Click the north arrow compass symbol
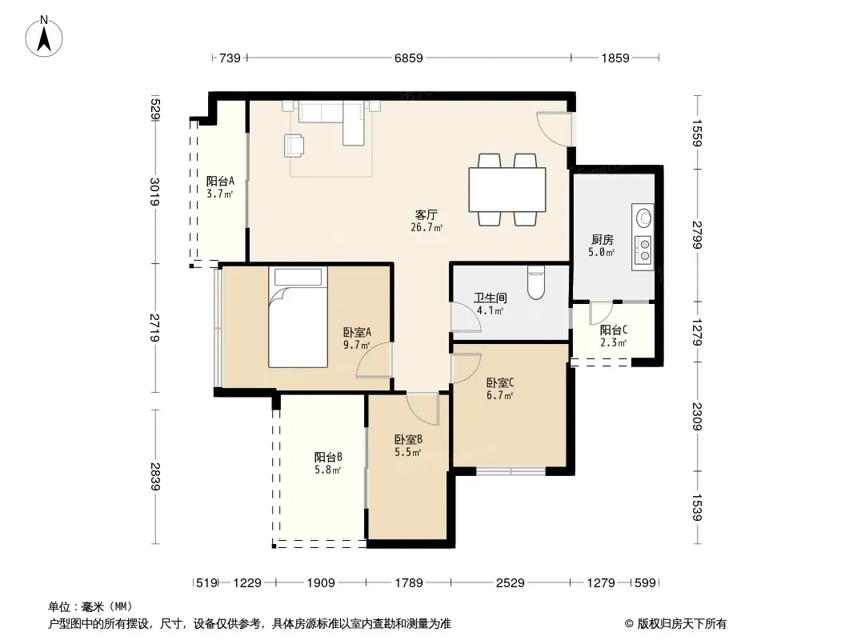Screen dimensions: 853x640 (x=44, y=37)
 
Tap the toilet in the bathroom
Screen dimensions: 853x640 (x=536, y=282)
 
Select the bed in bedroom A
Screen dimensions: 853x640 (x=298, y=317)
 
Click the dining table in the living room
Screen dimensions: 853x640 (x=507, y=190)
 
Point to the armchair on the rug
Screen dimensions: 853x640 (x=294, y=145)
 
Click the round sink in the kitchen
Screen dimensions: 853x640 (x=644, y=218)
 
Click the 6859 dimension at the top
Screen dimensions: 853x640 (x=409, y=58)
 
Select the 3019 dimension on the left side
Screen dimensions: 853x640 (x=155, y=192)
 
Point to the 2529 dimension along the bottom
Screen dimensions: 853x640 (x=511, y=583)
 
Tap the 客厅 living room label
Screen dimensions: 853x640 (x=426, y=214)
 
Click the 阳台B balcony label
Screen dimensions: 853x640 (x=328, y=457)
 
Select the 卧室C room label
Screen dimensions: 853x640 (x=500, y=382)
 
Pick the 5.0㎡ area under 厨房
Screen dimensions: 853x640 (x=601, y=252)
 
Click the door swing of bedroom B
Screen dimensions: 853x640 (x=422, y=409)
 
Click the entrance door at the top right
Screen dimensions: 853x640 (x=555, y=129)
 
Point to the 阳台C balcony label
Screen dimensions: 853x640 (x=614, y=330)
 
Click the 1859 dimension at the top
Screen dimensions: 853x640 (x=615, y=58)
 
